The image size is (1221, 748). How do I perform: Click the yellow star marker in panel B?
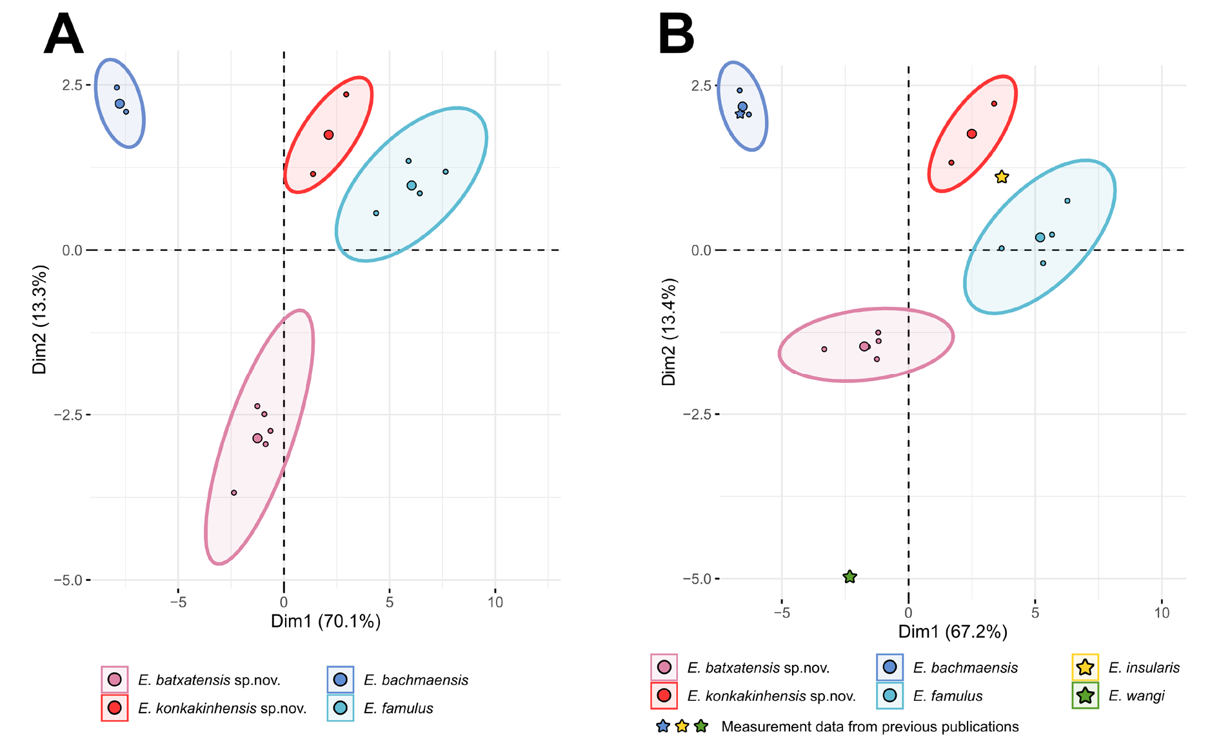pyautogui.click(x=1001, y=177)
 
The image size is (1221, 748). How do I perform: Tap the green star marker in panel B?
pyautogui.click(x=849, y=576)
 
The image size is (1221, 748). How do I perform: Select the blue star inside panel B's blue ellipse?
pyautogui.click(x=740, y=114)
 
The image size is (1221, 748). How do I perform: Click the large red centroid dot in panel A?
pyautogui.click(x=328, y=135)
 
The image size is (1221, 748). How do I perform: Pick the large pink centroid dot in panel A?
pyautogui.click(x=257, y=438)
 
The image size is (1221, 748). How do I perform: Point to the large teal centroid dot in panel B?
pyautogui.click(x=1040, y=237)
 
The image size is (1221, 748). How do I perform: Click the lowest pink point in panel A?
pyautogui.click(x=234, y=493)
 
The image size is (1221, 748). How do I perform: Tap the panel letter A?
pyautogui.click(x=63, y=35)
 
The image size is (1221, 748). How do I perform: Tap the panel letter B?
pyautogui.click(x=675, y=35)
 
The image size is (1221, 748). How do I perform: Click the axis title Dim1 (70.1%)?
pyautogui.click(x=325, y=621)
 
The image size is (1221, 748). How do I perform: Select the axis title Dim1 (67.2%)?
pyautogui.click(x=953, y=631)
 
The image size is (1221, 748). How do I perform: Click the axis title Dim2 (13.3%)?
pyautogui.click(x=39, y=319)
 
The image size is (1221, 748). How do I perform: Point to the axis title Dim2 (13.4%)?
pyautogui.click(x=669, y=332)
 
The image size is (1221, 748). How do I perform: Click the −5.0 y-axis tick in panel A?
pyautogui.click(x=68, y=580)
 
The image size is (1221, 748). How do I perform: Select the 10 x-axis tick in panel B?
pyautogui.click(x=1161, y=613)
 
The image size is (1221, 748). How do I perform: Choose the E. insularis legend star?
pyautogui.click(x=1085, y=667)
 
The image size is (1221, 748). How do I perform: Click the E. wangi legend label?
pyautogui.click(x=1136, y=696)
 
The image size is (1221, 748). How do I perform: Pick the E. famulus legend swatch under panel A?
pyautogui.click(x=341, y=708)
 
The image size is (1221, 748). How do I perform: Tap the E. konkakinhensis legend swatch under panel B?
pyautogui.click(x=664, y=696)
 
